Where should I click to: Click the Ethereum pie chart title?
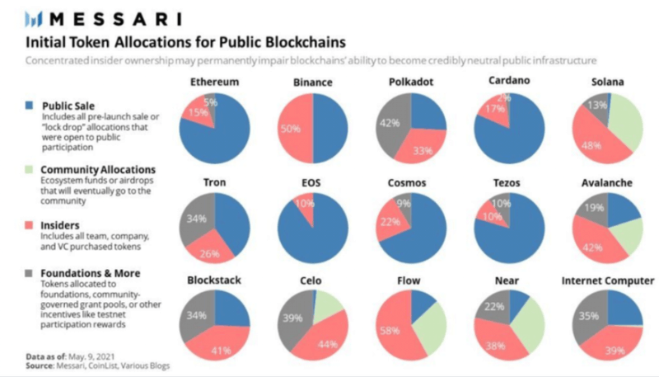pyautogui.click(x=214, y=83)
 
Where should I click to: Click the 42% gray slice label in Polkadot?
pyautogui.click(x=389, y=123)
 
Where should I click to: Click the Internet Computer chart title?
pyautogui.click(x=607, y=280)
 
